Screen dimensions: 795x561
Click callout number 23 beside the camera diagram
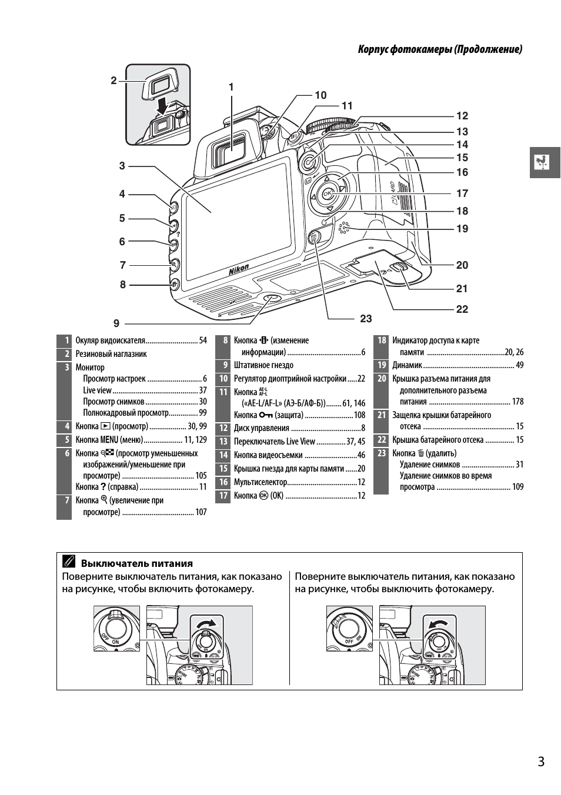pyautogui.click(x=366, y=318)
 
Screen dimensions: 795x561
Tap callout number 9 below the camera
pyautogui.click(x=116, y=323)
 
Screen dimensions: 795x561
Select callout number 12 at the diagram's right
pyautogui.click(x=462, y=116)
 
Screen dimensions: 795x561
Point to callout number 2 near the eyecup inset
pyautogui.click(x=114, y=81)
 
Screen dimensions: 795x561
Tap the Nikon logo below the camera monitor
pyautogui.click(x=239, y=270)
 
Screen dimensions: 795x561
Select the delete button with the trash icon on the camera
pyautogui.click(x=314, y=238)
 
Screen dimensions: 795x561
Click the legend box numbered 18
pyautogui.click(x=382, y=340)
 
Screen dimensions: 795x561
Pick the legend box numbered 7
pyautogui.click(x=64, y=500)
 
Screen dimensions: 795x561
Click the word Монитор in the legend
pyautogui.click(x=90, y=368)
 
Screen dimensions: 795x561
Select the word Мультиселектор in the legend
pyautogui.click(x=261, y=482)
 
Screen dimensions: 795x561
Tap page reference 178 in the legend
pyautogui.click(x=517, y=402)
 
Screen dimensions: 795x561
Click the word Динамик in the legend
pyautogui.click(x=407, y=365)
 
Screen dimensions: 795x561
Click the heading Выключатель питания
pyautogui.click(x=136, y=563)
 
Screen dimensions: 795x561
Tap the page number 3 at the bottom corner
pyautogui.click(x=541, y=761)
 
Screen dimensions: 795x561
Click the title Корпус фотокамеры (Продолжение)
pyautogui.click(x=440, y=49)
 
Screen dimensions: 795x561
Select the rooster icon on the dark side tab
pyautogui.click(x=542, y=162)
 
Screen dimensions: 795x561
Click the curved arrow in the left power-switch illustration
pyautogui.click(x=208, y=623)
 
